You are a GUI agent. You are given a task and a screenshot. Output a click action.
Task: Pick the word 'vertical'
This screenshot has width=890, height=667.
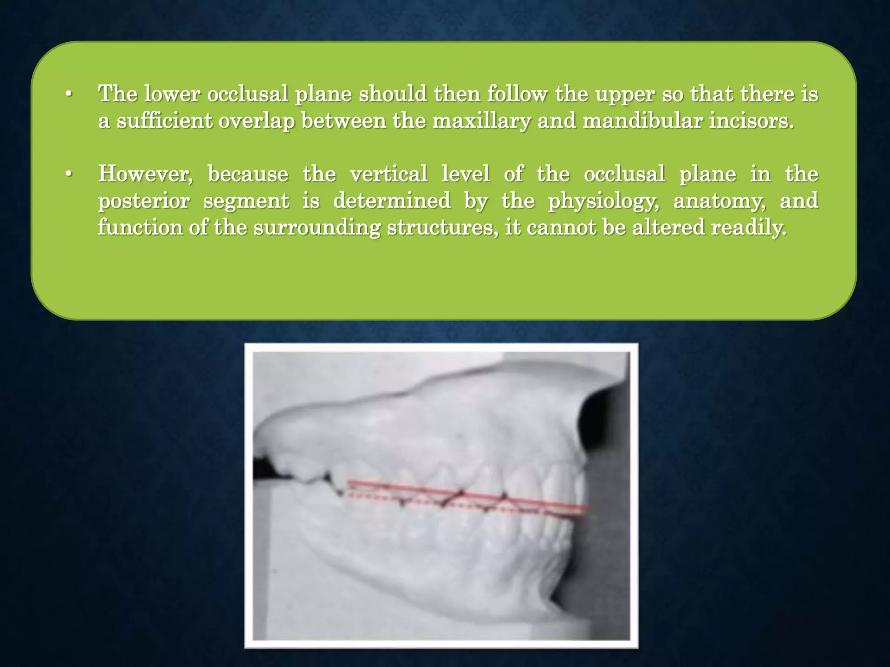coord(389,175)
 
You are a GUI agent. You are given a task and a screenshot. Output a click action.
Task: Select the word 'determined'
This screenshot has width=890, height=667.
coord(392,201)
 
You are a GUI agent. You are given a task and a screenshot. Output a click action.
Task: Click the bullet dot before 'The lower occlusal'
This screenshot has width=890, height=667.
coord(68,94)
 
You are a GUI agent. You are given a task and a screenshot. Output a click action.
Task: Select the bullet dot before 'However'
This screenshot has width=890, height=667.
coord(68,175)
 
